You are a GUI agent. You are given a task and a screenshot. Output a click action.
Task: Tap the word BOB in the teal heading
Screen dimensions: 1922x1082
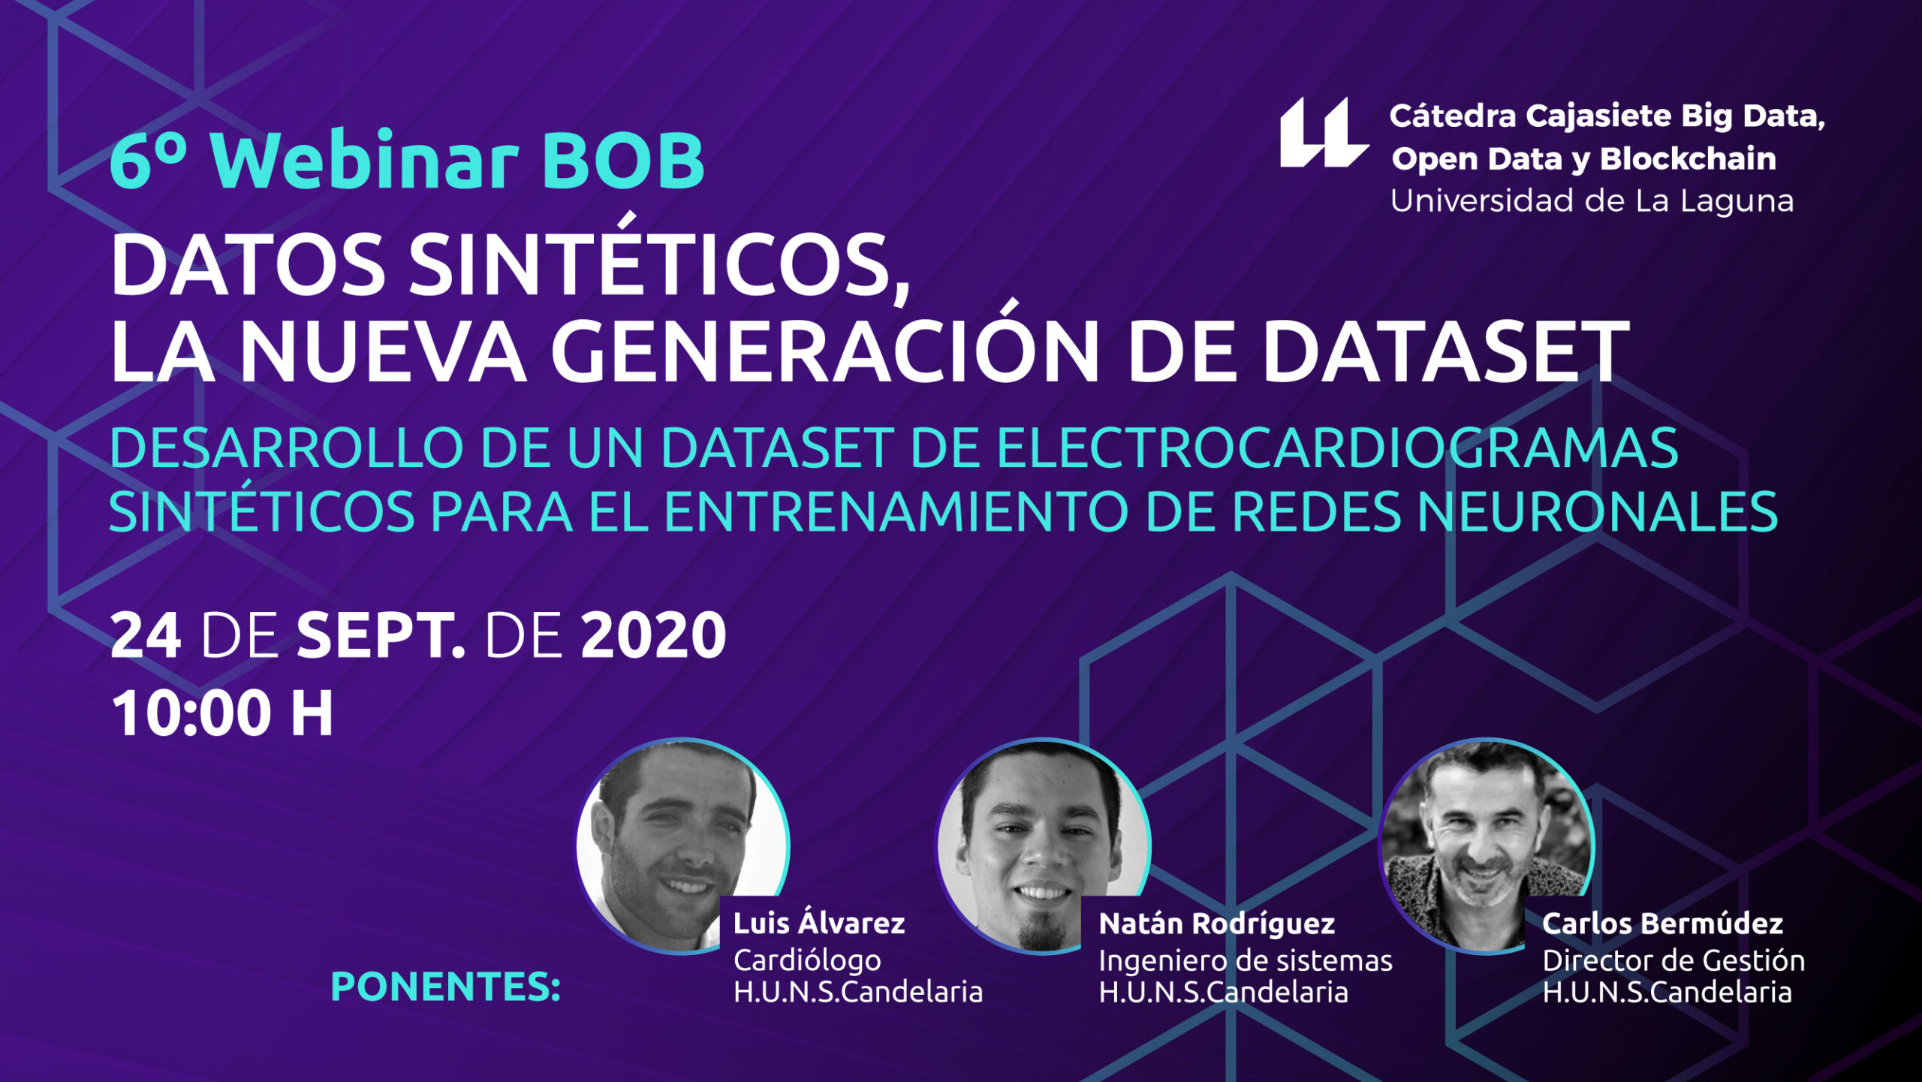pos(623,161)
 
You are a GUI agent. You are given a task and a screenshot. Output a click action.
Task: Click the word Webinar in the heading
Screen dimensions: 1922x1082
pos(364,159)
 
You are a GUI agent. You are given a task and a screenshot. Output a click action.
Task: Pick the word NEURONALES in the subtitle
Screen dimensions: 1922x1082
pos(1597,512)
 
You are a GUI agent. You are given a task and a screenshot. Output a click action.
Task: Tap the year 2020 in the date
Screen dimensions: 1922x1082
pos(653,635)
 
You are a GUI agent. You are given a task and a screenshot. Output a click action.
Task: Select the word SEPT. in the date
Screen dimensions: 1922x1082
pos(381,635)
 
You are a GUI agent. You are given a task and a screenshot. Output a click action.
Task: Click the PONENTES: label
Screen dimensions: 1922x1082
pos(446,987)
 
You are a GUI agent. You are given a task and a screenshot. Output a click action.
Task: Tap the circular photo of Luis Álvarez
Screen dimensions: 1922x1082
pos(682,845)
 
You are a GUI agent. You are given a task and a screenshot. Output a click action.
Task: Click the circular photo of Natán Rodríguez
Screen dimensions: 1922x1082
pos(1043,846)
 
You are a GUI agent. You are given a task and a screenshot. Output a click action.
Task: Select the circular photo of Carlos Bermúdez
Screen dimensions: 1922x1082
pos(1486,845)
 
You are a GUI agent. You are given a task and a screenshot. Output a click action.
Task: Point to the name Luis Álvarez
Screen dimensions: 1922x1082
pos(819,923)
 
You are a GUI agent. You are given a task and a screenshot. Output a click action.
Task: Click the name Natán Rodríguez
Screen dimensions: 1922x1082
pos(1217,923)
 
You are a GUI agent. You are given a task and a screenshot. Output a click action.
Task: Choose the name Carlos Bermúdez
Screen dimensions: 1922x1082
pos(1663,923)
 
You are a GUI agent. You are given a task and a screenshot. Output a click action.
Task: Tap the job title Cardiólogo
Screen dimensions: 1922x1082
pos(807,960)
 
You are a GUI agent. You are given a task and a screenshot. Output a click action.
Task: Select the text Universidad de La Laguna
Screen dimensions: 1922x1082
pos(1592,201)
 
